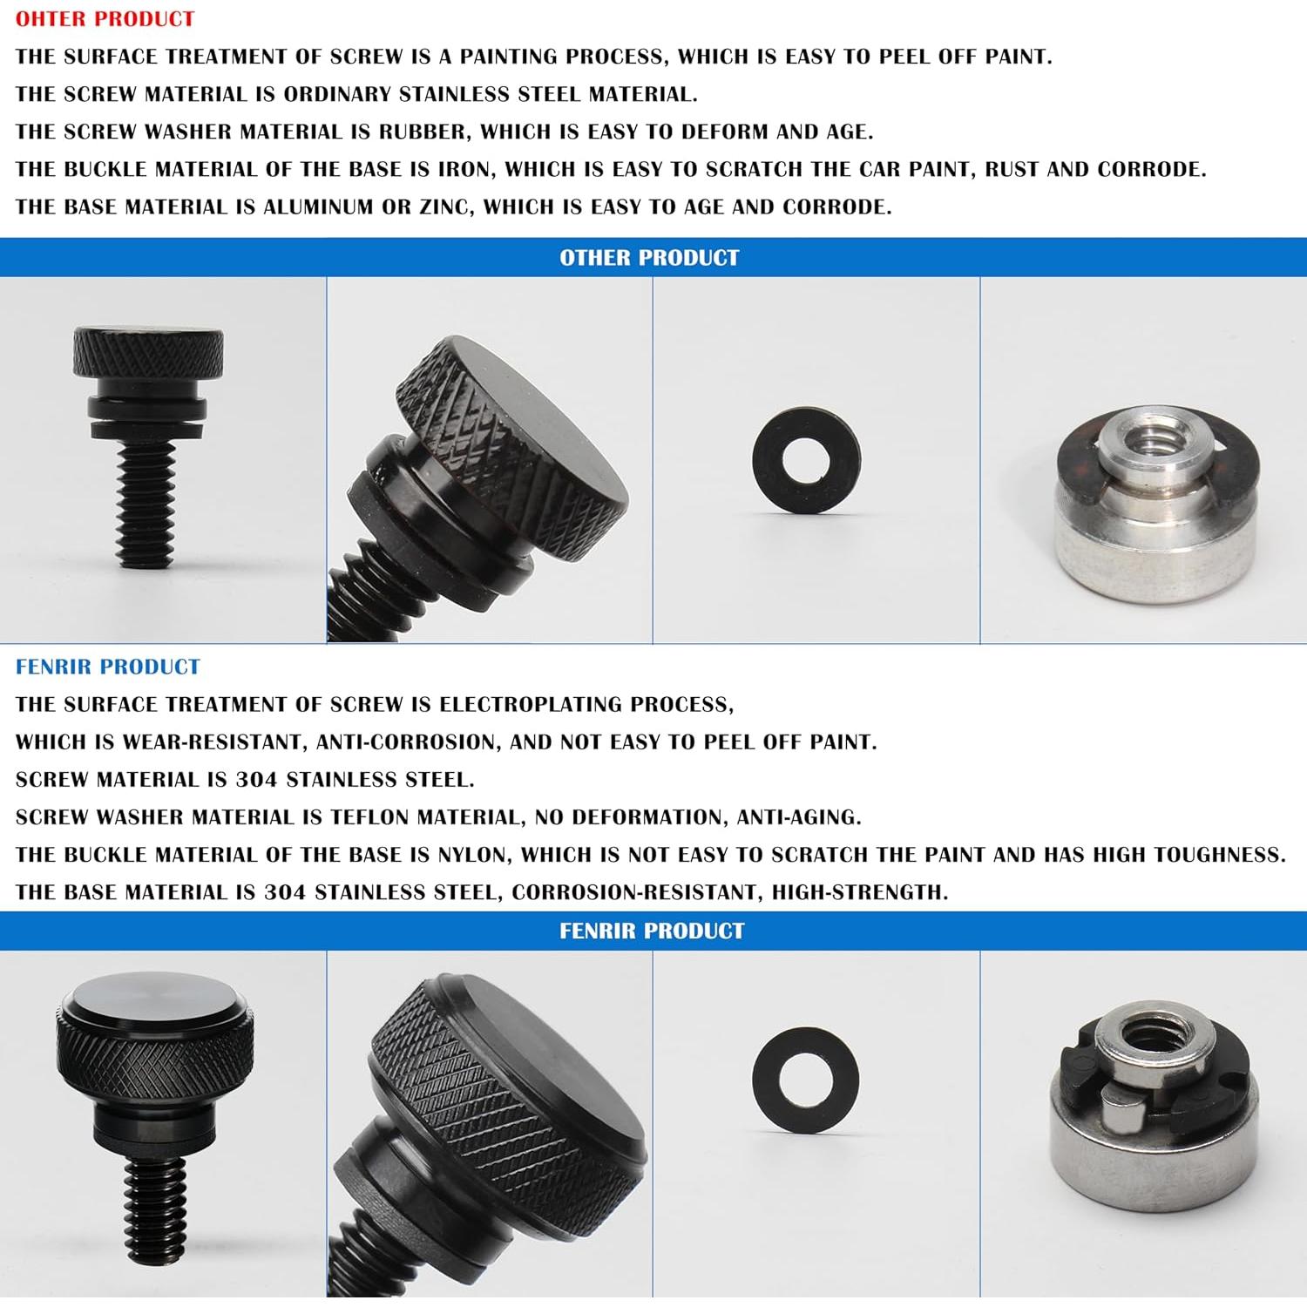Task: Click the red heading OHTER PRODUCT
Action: (x=105, y=18)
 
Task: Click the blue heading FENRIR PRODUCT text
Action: (x=107, y=667)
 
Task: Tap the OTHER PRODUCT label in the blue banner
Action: (x=649, y=258)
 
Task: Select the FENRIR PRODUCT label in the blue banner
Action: (x=652, y=931)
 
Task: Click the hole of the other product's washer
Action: (x=806, y=460)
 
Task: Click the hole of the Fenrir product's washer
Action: (x=805, y=1079)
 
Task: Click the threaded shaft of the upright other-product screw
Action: (x=147, y=505)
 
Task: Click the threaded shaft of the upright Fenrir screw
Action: (x=155, y=1211)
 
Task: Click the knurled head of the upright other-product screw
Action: (x=147, y=353)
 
